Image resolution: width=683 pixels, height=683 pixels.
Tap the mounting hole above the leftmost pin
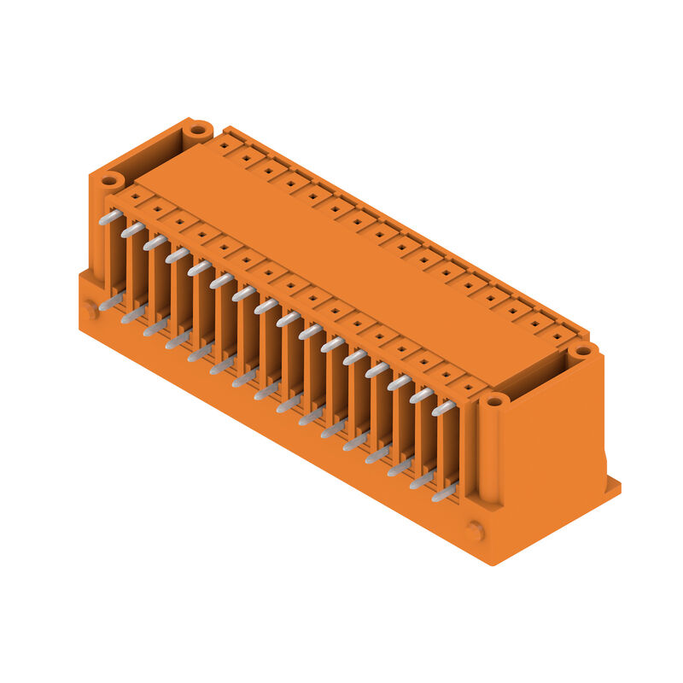click(x=109, y=181)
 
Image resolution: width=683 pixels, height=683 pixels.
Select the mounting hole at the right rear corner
click(x=582, y=351)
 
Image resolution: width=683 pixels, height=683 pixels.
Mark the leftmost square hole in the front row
click(x=135, y=196)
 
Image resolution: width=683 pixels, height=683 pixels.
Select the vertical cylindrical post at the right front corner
click(x=487, y=452)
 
